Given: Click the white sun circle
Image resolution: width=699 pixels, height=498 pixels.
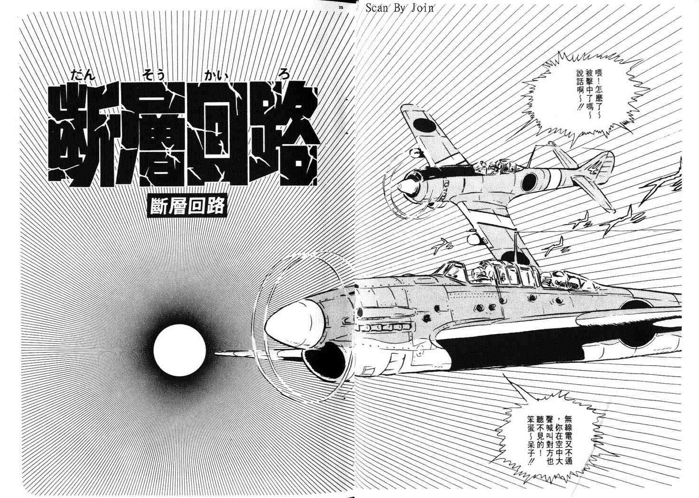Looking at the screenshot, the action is point(179,350).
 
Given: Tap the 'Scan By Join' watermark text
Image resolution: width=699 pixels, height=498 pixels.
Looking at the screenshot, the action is point(400,8).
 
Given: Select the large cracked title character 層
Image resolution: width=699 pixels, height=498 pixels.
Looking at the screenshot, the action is point(151,135).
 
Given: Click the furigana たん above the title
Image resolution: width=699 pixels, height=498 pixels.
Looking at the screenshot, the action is point(83,75).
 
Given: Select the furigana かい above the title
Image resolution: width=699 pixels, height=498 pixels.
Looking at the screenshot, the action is point(215,75).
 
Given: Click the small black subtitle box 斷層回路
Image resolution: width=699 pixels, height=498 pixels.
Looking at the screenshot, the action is point(187,206).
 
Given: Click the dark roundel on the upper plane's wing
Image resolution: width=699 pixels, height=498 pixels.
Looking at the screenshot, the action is point(424,125).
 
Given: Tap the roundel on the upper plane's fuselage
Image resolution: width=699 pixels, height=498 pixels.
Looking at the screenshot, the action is point(529,182).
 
